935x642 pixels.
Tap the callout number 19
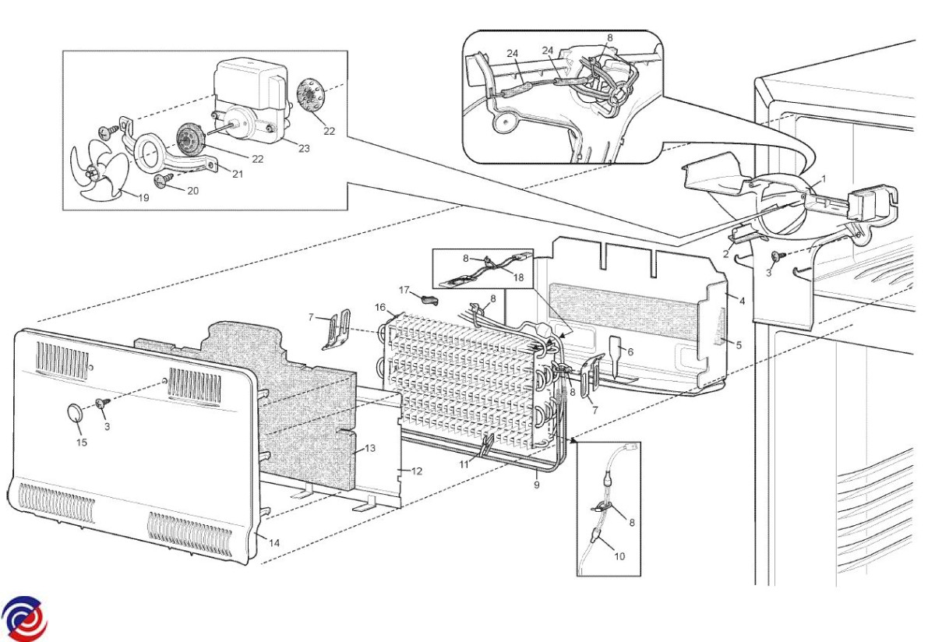point(143,198)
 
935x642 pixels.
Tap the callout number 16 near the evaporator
point(380,308)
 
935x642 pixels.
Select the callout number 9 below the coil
point(537,485)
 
